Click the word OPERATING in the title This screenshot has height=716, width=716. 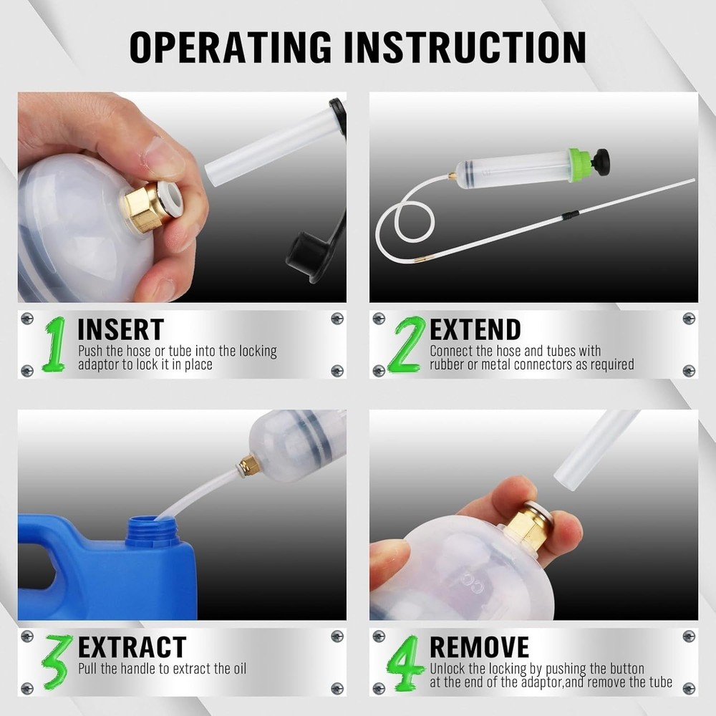click(x=229, y=47)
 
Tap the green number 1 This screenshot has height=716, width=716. click(x=54, y=344)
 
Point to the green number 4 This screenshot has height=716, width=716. click(x=406, y=662)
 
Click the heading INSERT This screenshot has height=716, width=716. click(x=120, y=329)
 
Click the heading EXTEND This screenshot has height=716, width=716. click(x=475, y=329)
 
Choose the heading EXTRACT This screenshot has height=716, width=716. click(x=132, y=647)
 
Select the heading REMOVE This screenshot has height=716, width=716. click(x=479, y=647)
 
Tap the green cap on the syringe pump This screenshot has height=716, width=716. click(x=581, y=165)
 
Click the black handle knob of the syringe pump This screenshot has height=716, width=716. click(x=601, y=162)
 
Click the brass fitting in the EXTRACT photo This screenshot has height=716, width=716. click(x=250, y=466)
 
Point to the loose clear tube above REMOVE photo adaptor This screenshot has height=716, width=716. click(x=594, y=447)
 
